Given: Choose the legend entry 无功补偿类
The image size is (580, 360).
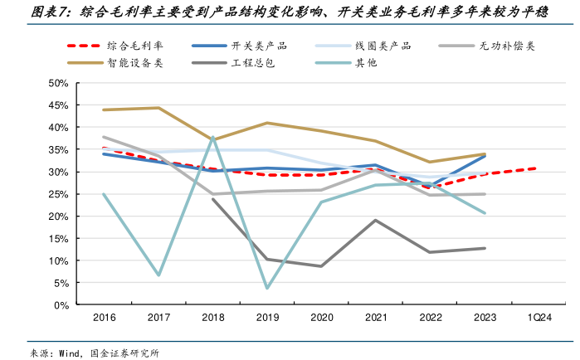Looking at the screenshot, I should click(x=507, y=46).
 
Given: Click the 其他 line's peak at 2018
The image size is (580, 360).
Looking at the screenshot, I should click(x=212, y=138).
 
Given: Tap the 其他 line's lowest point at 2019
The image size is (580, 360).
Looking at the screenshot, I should click(x=267, y=289).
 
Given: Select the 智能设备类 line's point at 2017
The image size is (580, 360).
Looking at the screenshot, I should click(x=158, y=108).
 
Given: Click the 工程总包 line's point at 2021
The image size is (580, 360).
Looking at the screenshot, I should click(x=375, y=220).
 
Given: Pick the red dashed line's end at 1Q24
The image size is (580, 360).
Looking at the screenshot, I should click(x=537, y=168).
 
